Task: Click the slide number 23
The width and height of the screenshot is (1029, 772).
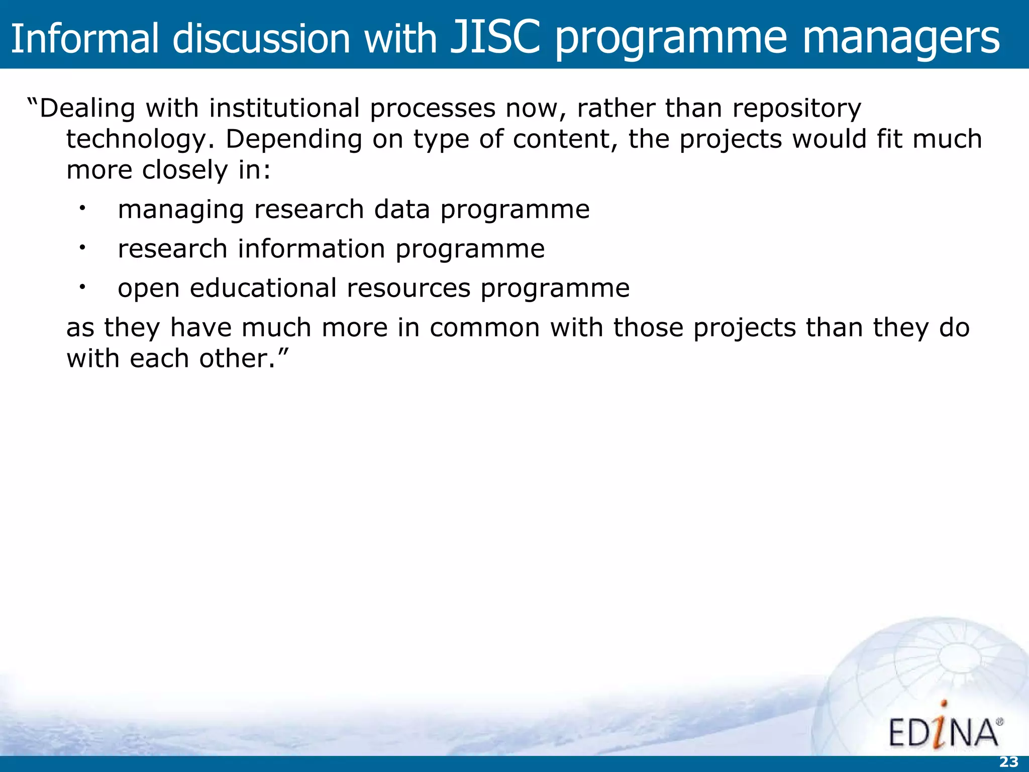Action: point(1008,762)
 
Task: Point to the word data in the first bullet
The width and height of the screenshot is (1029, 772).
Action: point(402,209)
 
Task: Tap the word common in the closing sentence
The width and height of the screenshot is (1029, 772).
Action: point(484,328)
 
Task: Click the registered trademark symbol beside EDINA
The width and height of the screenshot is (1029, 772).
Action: point(999,722)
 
